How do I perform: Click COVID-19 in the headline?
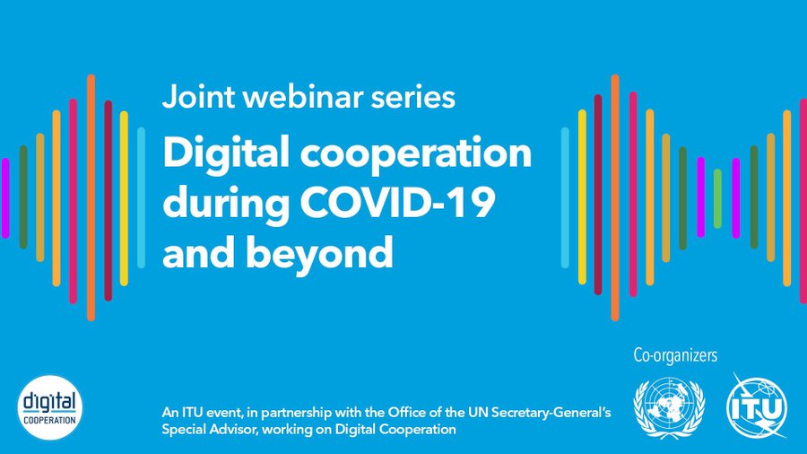pos(397,202)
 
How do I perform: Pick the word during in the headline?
pos(226,205)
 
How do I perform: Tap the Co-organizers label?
pos(675,355)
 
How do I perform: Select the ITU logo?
pos(757,406)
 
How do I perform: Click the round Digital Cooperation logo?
pos(50,407)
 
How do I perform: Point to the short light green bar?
pos(717,198)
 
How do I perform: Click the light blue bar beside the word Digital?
pos(141,197)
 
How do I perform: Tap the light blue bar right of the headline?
pos(565,197)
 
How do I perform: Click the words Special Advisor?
pos(208,429)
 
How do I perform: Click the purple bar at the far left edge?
pos(5,198)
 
